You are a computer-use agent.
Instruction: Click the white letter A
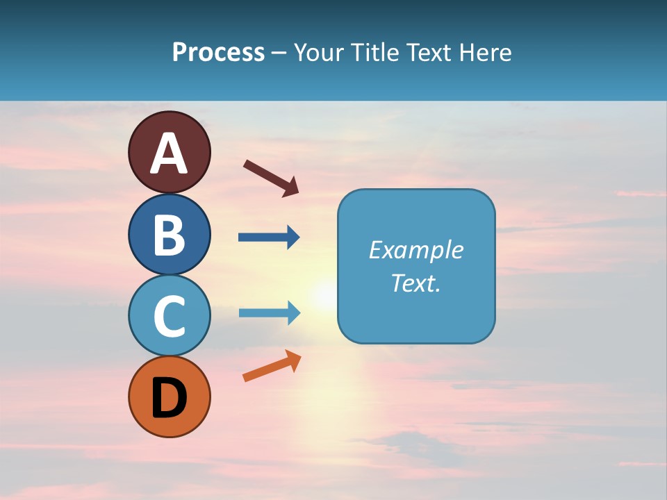coord(169,153)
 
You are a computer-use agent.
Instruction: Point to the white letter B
coord(169,235)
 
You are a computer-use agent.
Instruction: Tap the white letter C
coord(169,316)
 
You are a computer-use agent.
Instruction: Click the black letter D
coord(169,398)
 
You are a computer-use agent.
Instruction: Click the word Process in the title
coord(218,53)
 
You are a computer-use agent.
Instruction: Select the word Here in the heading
coord(486,53)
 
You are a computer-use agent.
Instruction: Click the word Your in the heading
coord(318,53)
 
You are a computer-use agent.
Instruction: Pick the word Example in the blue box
coord(415,250)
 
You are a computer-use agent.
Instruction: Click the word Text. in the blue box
coord(415,283)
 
